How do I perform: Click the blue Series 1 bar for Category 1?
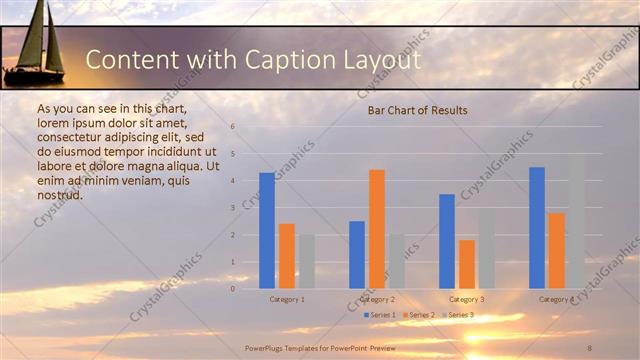[x=267, y=231]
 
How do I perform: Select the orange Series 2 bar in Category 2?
[x=377, y=229]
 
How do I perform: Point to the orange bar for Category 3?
[x=467, y=264]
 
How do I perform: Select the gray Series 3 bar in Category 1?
[x=307, y=261]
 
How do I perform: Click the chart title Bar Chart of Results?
[x=417, y=110]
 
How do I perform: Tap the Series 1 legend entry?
[x=381, y=315]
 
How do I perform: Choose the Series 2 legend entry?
[x=420, y=315]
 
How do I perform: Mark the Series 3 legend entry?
[x=459, y=315]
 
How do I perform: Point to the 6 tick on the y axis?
[x=232, y=127]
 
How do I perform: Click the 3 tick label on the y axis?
[x=232, y=208]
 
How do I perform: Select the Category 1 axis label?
[x=287, y=299]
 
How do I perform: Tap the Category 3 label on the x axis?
[x=467, y=299]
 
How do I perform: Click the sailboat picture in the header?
[x=35, y=45]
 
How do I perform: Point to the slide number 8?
[x=589, y=346]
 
